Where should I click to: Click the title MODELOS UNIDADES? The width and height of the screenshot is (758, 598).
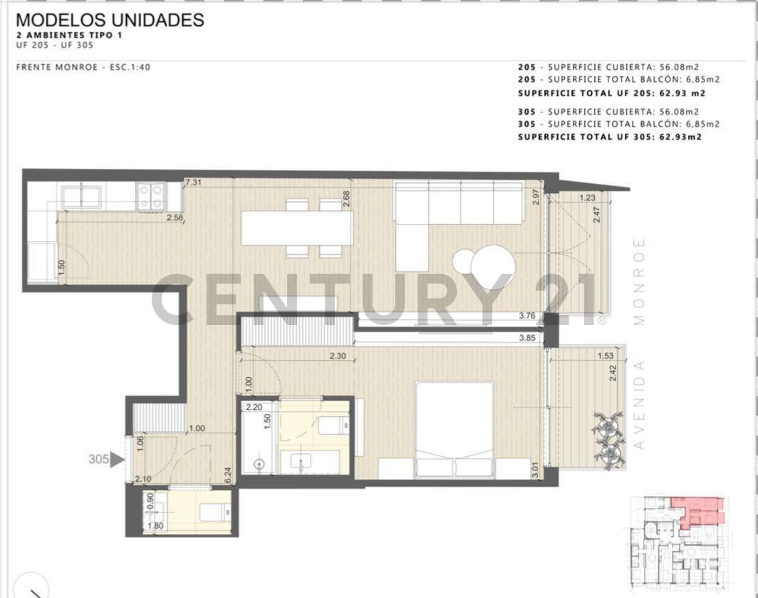[110, 21]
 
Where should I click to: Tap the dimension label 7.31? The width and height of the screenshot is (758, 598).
[193, 183]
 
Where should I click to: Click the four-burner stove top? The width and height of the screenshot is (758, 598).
[152, 196]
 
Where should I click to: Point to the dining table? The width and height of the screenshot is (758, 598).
[296, 228]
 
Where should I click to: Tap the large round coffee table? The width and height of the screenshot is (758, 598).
[493, 267]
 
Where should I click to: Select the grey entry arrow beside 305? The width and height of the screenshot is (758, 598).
[118, 460]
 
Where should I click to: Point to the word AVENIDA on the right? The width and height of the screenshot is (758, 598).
[638, 404]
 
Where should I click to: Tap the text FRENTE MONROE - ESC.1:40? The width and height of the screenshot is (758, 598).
[83, 67]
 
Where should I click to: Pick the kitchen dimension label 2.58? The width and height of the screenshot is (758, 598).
[175, 217]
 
